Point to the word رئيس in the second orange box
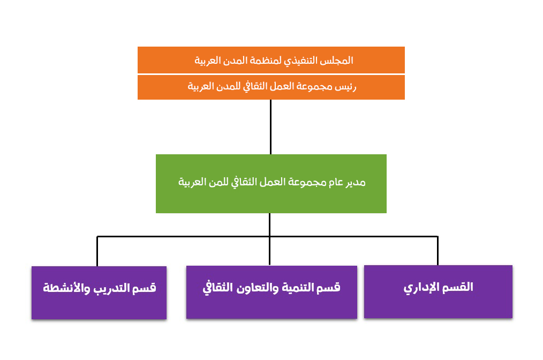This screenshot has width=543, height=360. tap(345, 86)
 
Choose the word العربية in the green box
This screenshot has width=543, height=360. tap(192, 182)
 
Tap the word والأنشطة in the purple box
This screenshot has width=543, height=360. tap(66, 288)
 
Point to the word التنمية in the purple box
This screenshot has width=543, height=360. tap(298, 288)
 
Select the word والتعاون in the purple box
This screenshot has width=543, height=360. tap(258, 288)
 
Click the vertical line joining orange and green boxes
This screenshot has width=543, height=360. tap(270, 127)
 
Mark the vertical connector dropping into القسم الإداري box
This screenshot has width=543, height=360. tap(438, 251)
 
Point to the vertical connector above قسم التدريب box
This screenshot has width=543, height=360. tap(97, 252)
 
